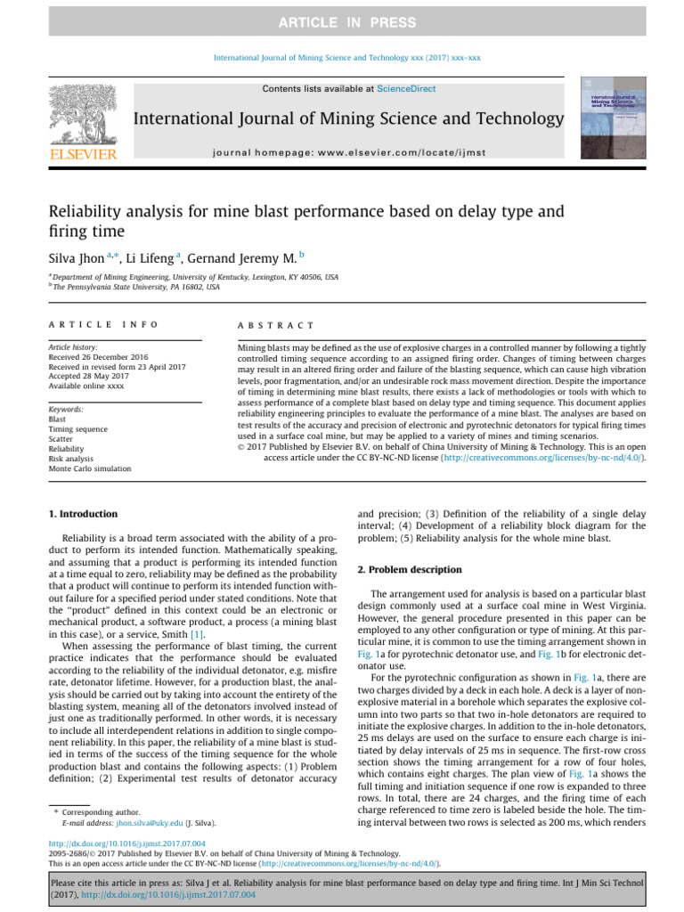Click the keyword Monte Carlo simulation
[90, 468]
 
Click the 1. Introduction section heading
[83, 514]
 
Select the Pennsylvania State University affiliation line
[134, 287]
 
